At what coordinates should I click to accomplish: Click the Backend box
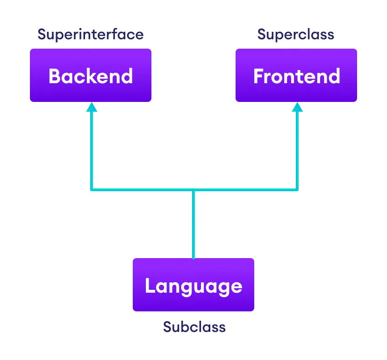coord(91,75)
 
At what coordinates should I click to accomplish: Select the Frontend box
coord(296,75)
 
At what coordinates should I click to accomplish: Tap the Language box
coord(193,285)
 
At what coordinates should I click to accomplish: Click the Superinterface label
coord(91,35)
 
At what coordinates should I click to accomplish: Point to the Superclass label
coord(296,35)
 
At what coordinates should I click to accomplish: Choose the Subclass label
coord(194,327)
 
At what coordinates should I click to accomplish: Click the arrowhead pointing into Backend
coord(92,107)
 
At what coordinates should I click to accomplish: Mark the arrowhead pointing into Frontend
coord(297,107)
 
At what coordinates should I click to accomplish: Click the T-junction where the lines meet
coord(193,189)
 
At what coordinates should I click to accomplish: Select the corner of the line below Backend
coord(92,189)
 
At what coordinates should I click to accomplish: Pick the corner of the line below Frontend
coord(297,189)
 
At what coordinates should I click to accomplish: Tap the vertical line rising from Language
coord(193,224)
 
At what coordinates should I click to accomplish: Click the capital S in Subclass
coord(167,327)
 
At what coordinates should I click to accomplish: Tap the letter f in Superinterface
coord(114,34)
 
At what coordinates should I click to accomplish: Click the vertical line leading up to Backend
coord(92,150)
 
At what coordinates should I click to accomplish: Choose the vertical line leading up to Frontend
coord(297,150)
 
